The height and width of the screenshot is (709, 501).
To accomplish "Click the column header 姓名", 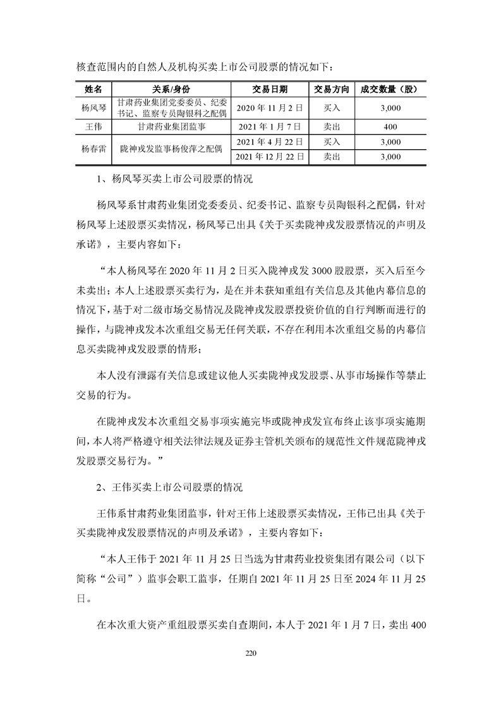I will tap(94, 89).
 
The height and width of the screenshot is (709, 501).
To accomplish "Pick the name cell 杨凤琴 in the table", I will tap(94, 108).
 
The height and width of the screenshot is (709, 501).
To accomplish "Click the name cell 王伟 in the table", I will tap(94, 127).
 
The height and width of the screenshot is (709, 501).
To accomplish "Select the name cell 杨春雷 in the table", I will tap(94, 149).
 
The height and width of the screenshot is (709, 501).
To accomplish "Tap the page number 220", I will tap(250, 653).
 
